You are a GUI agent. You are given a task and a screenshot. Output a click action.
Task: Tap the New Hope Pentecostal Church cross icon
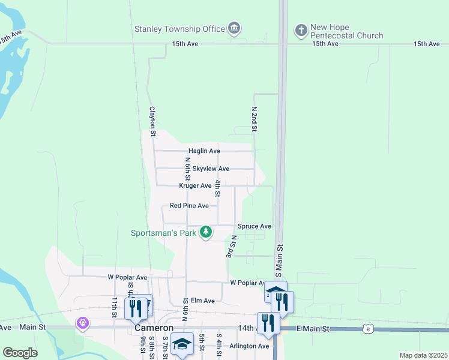pyautogui.click(x=301, y=28)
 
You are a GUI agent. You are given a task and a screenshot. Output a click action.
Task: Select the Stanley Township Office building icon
pyautogui.click(x=234, y=28)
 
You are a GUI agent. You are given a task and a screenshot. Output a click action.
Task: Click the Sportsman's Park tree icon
pyautogui.click(x=206, y=232)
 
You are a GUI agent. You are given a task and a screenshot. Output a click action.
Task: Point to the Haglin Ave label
pyautogui.click(x=204, y=151)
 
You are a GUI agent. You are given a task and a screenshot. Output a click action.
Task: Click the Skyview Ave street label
pyautogui.click(x=211, y=169)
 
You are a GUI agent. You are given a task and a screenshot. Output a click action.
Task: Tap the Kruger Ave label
pyautogui.click(x=195, y=186)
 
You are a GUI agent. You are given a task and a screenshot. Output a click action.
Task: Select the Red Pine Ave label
pyautogui.click(x=189, y=206)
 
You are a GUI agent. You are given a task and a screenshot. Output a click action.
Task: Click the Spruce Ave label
pyautogui.click(x=255, y=226)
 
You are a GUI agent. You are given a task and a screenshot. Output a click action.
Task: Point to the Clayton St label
pyautogui.click(x=152, y=119)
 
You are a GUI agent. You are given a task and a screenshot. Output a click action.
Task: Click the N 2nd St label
pyautogui.click(x=254, y=119)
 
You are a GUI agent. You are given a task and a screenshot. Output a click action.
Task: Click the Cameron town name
pyautogui.click(x=154, y=328)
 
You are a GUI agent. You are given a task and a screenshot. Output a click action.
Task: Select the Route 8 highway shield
pyautogui.click(x=368, y=329)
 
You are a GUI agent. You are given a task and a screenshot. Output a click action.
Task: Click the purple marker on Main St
pyautogui.click(x=82, y=323)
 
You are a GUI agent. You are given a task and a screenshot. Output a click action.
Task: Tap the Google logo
pyautogui.click(x=20, y=353)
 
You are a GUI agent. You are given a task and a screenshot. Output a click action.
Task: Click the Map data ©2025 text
pyautogui.click(x=423, y=355)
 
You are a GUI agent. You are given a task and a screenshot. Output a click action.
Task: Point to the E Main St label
pyautogui.click(x=313, y=329)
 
